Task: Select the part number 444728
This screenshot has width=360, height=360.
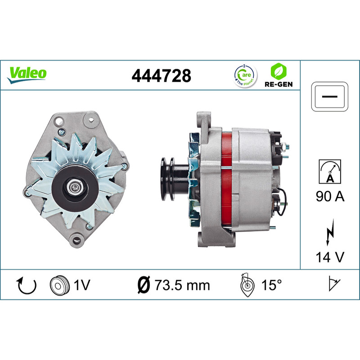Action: coord(161,76)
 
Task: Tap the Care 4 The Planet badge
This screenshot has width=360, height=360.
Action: coord(245,76)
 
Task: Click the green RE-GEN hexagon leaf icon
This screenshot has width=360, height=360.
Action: coord(279,71)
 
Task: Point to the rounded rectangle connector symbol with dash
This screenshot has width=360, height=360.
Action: coord(330,97)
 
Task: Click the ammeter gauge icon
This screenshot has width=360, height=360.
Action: coord(330,171)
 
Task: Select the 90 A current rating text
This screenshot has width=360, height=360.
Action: coord(330,196)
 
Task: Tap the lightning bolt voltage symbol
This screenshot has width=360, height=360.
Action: coord(330,232)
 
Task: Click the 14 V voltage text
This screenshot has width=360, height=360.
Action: coord(330,257)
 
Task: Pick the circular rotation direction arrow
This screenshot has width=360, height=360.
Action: coord(27,285)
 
